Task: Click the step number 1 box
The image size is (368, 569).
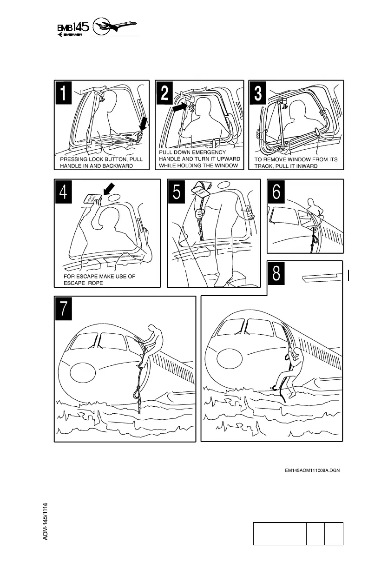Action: pyautogui.click(x=64, y=93)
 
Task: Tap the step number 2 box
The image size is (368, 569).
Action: pyautogui.click(x=164, y=93)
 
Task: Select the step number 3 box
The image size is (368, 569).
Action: pyautogui.click(x=258, y=93)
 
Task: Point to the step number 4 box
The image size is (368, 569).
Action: pyautogui.click(x=64, y=192)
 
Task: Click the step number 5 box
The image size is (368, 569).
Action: pyautogui.click(x=177, y=192)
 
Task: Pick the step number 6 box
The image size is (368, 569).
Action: pyautogui.click(x=276, y=192)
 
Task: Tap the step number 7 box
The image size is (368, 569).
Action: pyautogui.click(x=64, y=309)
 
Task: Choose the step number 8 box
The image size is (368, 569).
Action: pyautogui.click(x=276, y=273)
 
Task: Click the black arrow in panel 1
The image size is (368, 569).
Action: pyautogui.click(x=144, y=124)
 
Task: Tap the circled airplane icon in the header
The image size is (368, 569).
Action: pyautogui.click(x=114, y=26)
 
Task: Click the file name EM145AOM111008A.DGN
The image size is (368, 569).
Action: pyautogui.click(x=312, y=470)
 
